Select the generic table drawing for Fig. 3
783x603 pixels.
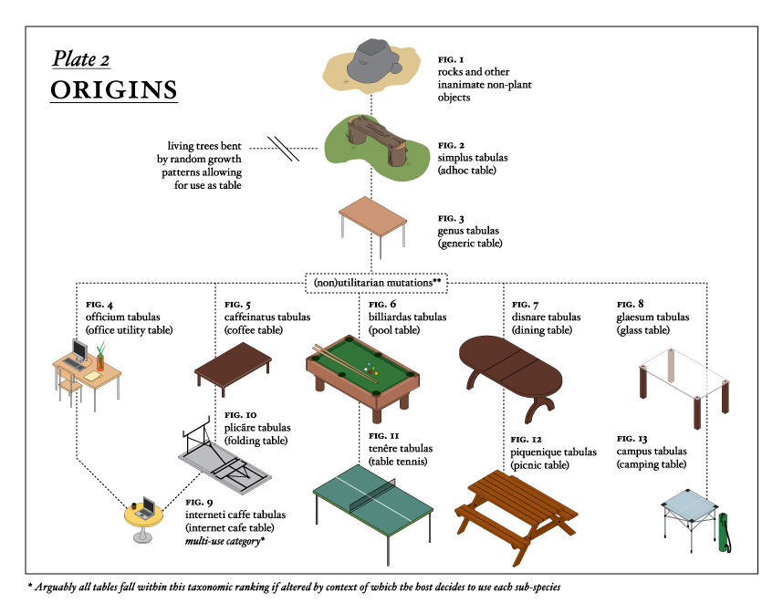tap(373, 216)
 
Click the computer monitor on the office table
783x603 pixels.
tap(79, 351)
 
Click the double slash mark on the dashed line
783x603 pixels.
tap(285, 149)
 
